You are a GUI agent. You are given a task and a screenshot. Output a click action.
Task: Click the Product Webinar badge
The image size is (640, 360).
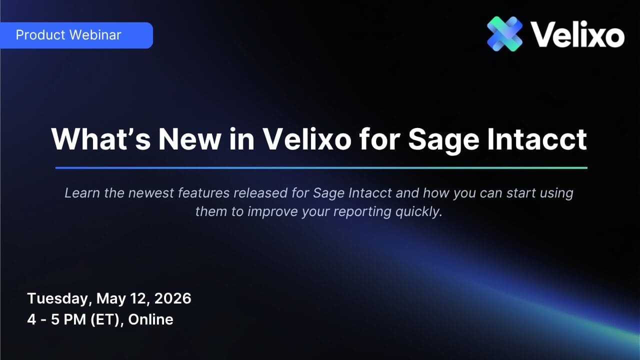tap(76, 35)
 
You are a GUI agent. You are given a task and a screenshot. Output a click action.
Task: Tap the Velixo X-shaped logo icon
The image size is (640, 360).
tap(505, 33)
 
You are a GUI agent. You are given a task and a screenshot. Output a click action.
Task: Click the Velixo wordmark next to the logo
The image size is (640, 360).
tap(577, 34)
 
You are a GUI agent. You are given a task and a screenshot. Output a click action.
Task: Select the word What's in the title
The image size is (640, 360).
tap(101, 139)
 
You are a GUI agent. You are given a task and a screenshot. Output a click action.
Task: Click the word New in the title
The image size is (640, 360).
tap(189, 139)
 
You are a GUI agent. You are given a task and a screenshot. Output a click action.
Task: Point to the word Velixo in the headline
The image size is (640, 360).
tap(307, 139)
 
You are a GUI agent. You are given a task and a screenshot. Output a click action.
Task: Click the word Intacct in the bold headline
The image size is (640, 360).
tap(537, 139)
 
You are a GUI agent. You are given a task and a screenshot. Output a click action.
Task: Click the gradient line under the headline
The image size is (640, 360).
tap(321, 168)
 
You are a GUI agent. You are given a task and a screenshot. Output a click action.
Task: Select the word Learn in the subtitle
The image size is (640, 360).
tap(82, 193)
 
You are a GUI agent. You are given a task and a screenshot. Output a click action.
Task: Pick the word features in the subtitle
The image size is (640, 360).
tap(203, 193)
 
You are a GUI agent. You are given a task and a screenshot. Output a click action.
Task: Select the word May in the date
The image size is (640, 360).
tap(111, 299)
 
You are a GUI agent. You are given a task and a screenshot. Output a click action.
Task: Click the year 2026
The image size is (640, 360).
tap(172, 298)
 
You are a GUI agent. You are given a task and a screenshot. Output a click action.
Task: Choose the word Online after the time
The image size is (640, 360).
tap(150, 319)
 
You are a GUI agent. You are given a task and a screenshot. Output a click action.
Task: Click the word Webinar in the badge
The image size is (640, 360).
tap(95, 35)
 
